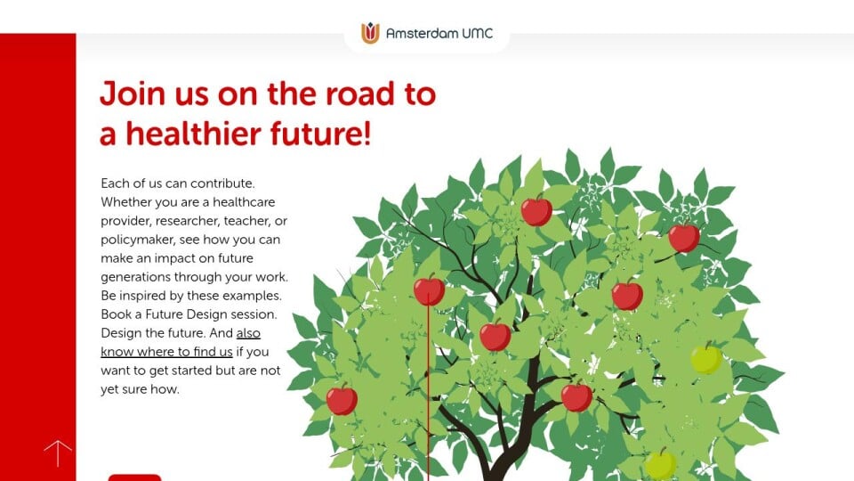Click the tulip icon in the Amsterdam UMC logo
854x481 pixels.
click(370, 33)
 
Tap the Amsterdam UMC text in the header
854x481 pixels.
click(439, 33)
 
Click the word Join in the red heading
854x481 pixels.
click(133, 94)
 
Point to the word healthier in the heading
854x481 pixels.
click(193, 134)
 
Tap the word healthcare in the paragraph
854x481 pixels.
click(244, 202)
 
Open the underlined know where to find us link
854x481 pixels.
click(166, 352)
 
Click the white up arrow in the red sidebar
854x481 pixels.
click(58, 452)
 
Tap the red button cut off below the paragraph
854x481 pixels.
click(134, 477)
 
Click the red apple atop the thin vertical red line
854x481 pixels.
click(429, 290)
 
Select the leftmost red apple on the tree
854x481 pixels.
click(342, 399)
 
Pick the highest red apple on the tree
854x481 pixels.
click(536, 210)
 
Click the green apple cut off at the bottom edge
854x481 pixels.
click(661, 465)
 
